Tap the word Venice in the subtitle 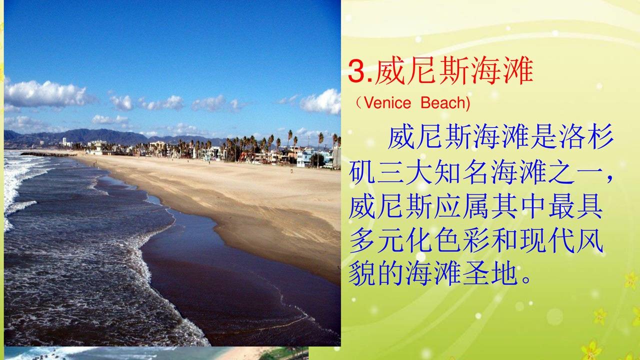click(x=387, y=103)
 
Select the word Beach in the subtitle click(x=445, y=103)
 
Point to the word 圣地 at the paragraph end click(x=490, y=274)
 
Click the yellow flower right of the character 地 click(x=631, y=279)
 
